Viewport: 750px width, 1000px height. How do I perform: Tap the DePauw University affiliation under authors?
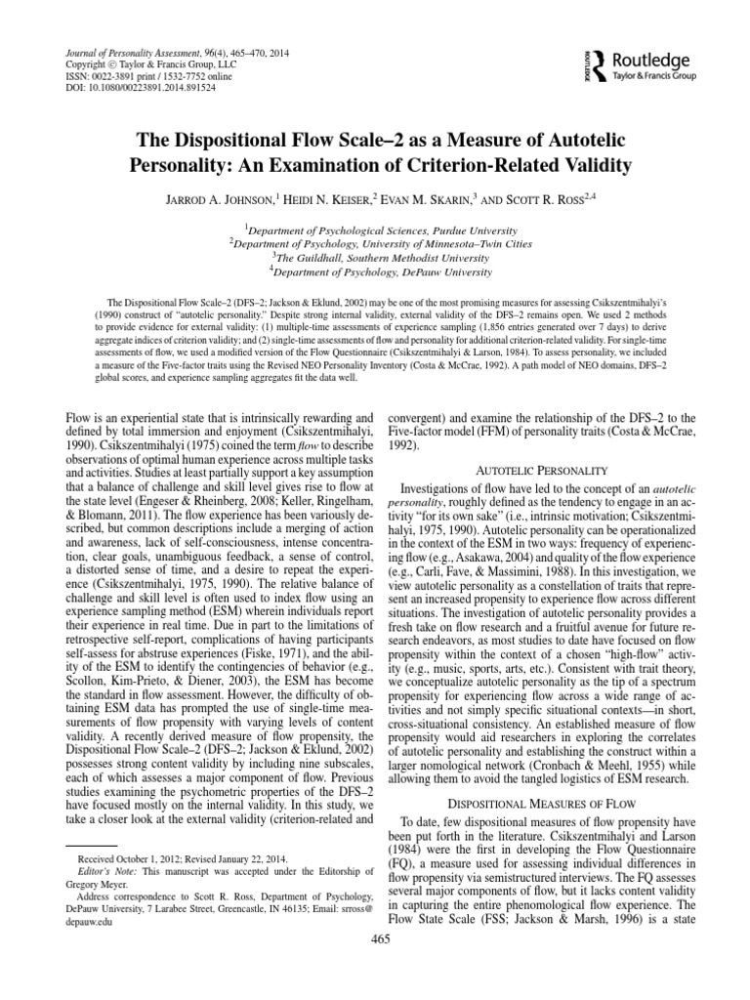tap(375, 271)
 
